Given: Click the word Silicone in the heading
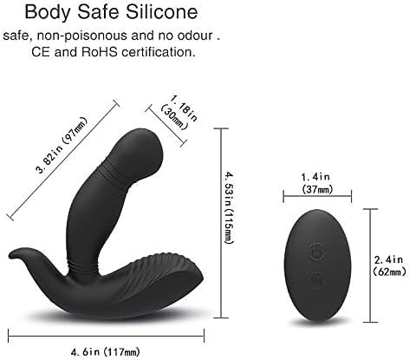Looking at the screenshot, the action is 162,12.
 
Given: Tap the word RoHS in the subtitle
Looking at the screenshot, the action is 100,52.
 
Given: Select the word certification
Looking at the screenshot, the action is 157,52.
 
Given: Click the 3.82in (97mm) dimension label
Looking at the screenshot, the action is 62,145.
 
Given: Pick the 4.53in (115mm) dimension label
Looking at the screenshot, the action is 230,207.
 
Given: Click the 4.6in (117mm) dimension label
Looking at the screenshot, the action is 105,351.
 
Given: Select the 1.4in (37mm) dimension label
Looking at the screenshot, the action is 317,183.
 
